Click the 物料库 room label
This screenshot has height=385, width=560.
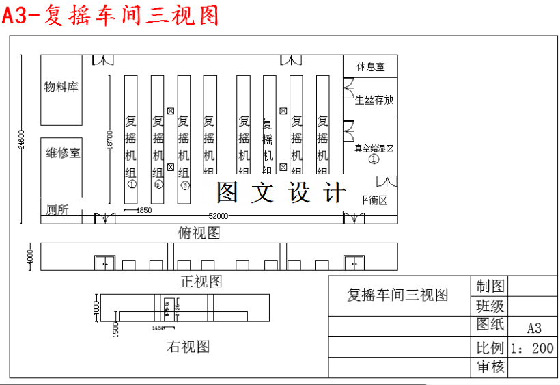click(x=61, y=87)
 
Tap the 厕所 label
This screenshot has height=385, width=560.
click(x=57, y=210)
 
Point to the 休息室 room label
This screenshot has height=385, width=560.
click(x=370, y=66)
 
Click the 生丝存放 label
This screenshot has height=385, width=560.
click(x=374, y=100)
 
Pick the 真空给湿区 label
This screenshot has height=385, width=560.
click(x=374, y=148)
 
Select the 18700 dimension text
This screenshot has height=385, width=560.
click(x=109, y=140)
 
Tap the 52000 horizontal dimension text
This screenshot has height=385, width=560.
click(x=219, y=216)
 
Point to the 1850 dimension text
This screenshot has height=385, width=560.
click(x=143, y=210)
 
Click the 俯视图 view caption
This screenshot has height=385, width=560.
click(x=199, y=233)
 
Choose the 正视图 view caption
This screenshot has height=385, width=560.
click(x=201, y=281)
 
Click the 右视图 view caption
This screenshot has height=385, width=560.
click(x=188, y=347)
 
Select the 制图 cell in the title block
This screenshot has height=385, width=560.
click(x=490, y=285)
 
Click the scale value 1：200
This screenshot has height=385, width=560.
click(x=532, y=348)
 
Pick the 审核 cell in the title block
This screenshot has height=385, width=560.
click(x=490, y=367)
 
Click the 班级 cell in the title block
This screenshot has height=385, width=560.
click(x=490, y=305)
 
